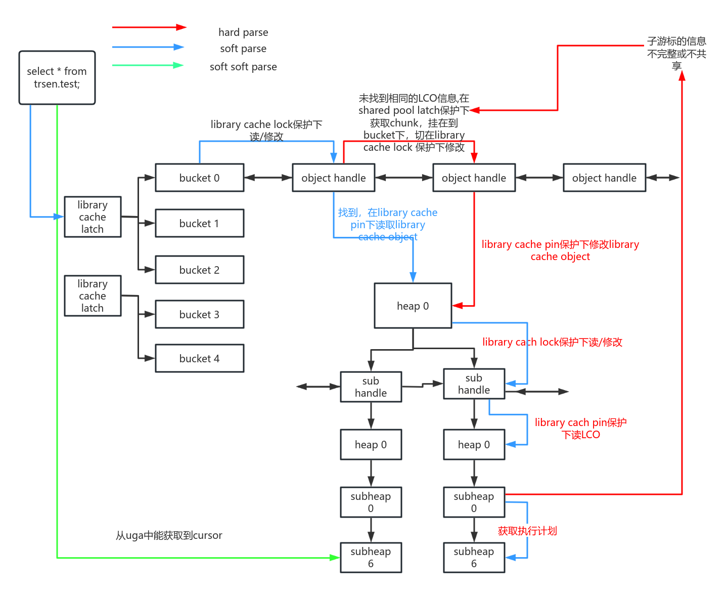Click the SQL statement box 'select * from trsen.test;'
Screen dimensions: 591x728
coord(57,77)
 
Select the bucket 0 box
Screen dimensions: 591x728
coord(199,178)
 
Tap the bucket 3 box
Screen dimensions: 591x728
coord(199,314)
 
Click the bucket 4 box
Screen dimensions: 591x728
coord(199,358)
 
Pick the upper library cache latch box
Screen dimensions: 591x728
coord(93,217)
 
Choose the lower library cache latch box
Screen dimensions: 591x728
coord(93,296)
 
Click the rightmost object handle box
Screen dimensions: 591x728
coord(604,178)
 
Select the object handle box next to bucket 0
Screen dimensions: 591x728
coord(333,178)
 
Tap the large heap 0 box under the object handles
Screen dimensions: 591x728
coord(413,306)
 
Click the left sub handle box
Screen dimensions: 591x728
coord(371,387)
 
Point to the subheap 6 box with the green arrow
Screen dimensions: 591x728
coord(371,558)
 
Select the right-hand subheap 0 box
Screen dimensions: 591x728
coord(474,502)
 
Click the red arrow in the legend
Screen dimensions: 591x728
coord(149,27)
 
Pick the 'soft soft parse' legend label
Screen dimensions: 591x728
coord(243,67)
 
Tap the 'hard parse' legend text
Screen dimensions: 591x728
coord(243,32)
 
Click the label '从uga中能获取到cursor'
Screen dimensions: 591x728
coord(169,535)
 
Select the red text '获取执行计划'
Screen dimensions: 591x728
coord(527,531)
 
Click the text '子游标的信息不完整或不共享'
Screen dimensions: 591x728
coord(676,53)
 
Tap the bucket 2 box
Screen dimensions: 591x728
coord(199,270)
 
